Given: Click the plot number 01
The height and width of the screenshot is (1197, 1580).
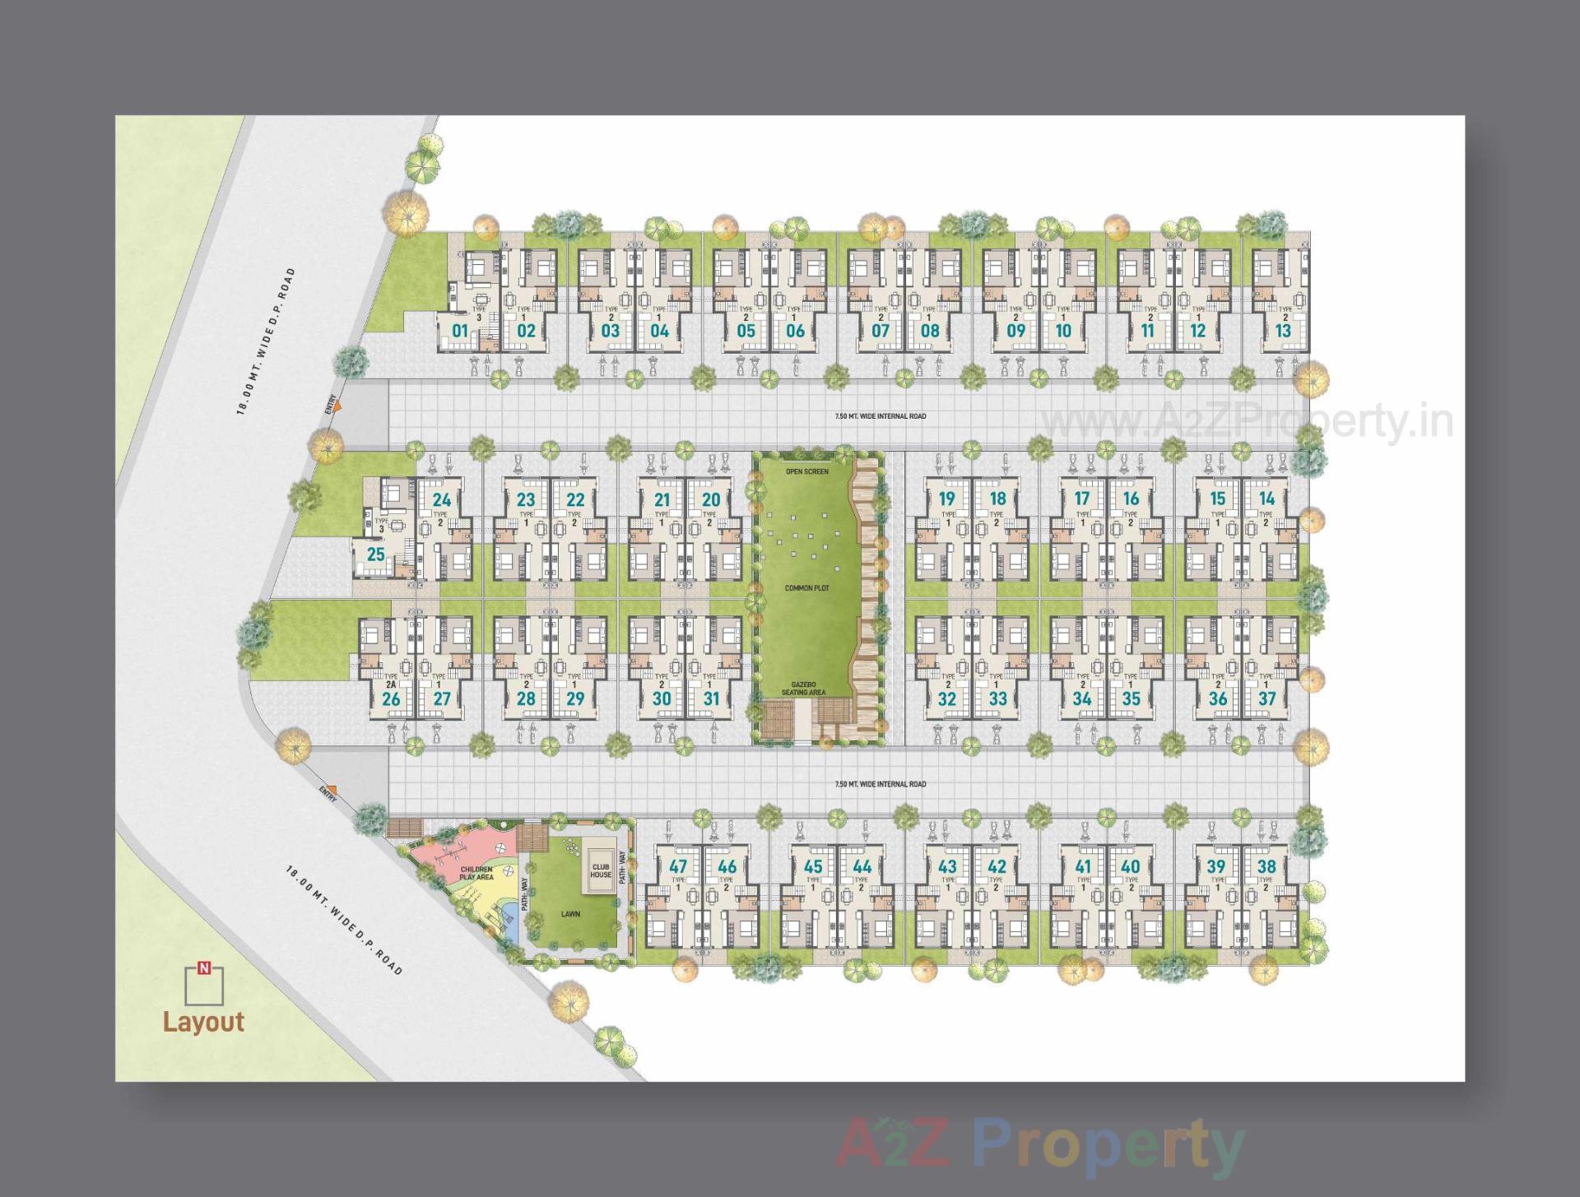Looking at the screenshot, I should (x=459, y=331).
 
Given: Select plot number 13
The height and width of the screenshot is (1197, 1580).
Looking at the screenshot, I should (x=1283, y=331).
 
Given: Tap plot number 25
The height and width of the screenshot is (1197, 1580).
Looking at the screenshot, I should (x=376, y=554).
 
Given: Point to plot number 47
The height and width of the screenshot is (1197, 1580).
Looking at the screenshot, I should (x=678, y=866).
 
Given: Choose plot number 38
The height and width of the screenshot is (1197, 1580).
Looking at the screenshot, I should (x=1266, y=866).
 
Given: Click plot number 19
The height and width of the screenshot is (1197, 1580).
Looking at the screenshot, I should (x=947, y=499).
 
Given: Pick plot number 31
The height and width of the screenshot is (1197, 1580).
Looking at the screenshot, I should (x=711, y=698).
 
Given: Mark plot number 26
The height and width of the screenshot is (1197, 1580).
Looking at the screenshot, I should (x=391, y=699).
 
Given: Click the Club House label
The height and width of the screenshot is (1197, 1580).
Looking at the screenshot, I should (x=601, y=870).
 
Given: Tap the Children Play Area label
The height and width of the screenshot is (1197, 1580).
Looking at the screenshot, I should (x=476, y=873).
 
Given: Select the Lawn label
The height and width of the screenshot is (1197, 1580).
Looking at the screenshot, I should (x=570, y=914).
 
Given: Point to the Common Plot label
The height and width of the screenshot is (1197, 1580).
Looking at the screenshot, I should (x=806, y=588).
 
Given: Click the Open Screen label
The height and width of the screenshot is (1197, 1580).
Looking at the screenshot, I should (x=806, y=471).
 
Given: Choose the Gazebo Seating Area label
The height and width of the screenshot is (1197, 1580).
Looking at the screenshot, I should (x=803, y=689).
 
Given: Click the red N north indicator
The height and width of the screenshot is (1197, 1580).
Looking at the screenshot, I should (x=204, y=969).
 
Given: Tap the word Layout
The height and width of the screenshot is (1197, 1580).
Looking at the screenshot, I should (x=203, y=1022).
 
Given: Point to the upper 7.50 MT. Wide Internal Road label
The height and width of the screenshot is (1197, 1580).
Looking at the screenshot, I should (x=880, y=416).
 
